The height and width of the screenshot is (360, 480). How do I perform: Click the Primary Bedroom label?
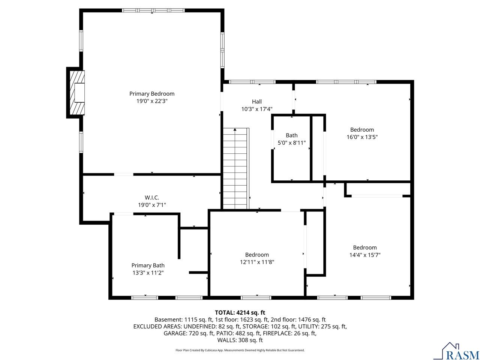pos(152,94)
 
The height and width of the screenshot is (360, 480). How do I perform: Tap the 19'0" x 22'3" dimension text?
pos(152,101)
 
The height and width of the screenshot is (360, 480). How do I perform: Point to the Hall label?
pos(256,102)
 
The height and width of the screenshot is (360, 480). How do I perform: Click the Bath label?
pos(291,135)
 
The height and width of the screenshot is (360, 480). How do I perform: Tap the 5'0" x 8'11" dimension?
pos(291,143)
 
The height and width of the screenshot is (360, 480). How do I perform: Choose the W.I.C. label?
pos(152,198)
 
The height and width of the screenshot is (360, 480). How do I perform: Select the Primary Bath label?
pos(148,265)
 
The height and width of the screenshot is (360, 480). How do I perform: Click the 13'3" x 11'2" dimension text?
pos(148,273)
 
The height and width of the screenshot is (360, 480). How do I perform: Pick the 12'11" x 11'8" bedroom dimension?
pos(257,262)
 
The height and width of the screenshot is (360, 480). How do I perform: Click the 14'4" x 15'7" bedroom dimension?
pos(365,255)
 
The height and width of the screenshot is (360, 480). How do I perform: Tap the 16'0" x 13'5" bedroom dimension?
pos(362,137)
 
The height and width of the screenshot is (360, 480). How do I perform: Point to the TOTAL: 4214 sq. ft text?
pos(240,313)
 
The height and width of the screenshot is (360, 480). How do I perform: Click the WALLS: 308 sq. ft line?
pos(240,340)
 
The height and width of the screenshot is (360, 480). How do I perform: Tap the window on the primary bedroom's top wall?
pos(153,10)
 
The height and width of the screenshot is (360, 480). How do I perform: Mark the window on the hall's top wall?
pos(252,82)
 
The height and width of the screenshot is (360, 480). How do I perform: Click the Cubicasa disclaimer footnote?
pos(240,350)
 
